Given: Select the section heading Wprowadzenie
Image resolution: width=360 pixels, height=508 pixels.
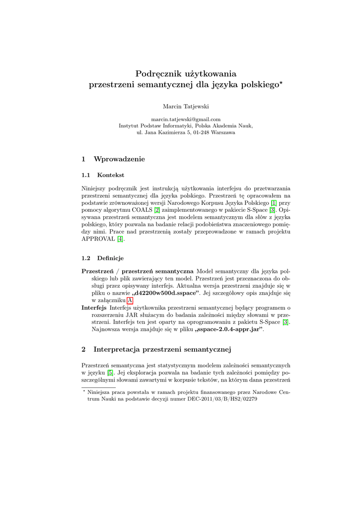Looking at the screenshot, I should [x=119, y=159].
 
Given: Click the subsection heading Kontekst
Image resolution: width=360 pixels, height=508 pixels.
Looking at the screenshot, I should [x=111, y=175].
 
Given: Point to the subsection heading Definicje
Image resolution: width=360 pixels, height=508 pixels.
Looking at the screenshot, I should [x=110, y=258].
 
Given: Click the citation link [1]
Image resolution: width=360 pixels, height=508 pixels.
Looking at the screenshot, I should [x=273, y=203].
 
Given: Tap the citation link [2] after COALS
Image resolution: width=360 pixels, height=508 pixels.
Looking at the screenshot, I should [x=156, y=210].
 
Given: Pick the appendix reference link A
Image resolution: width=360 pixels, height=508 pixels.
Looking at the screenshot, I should [x=130, y=301].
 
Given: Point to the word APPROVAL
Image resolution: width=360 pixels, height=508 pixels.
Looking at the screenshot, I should [x=98, y=239].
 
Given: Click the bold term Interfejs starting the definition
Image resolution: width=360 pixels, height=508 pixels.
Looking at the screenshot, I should [x=94, y=308].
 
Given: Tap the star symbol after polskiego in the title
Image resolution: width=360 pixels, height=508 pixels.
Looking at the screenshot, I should [x=281, y=83].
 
